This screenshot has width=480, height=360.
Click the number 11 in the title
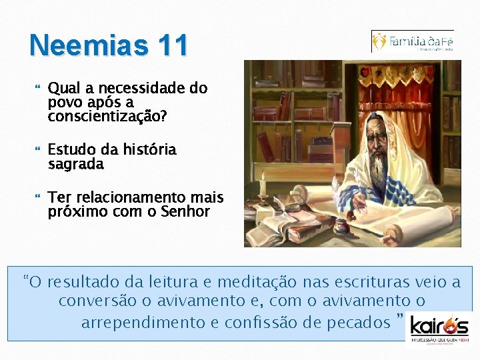tap(171, 45)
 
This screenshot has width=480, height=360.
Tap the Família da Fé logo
tap(413, 41)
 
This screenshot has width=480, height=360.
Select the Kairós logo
tap(439, 327)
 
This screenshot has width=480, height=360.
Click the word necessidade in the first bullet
tap(128, 89)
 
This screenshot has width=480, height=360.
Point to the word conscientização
tap(107, 117)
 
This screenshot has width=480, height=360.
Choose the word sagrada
tap(76, 164)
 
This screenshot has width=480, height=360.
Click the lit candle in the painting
tap(264, 185)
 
